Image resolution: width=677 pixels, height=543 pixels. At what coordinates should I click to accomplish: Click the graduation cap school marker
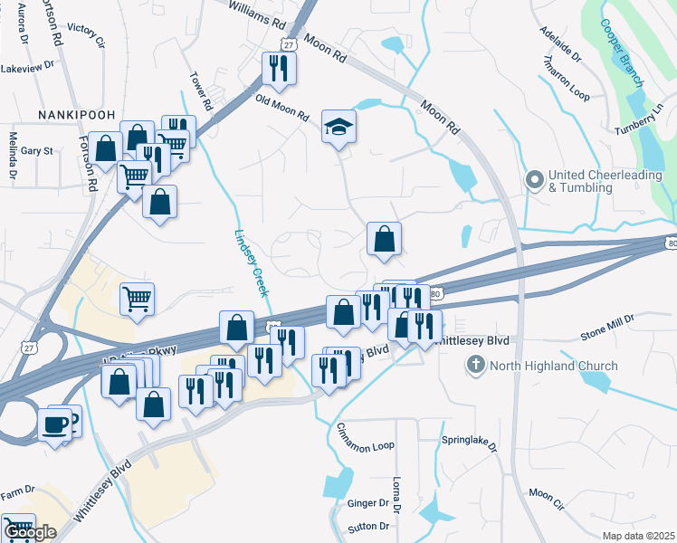[x=339, y=128]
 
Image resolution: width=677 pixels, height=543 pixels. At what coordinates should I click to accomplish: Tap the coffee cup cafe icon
[x=56, y=424]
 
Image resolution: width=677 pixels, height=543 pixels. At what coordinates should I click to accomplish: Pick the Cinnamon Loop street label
[x=366, y=438]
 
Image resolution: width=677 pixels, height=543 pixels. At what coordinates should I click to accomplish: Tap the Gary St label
[x=37, y=151]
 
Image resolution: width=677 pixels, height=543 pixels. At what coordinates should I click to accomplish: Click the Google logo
[x=30, y=533]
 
